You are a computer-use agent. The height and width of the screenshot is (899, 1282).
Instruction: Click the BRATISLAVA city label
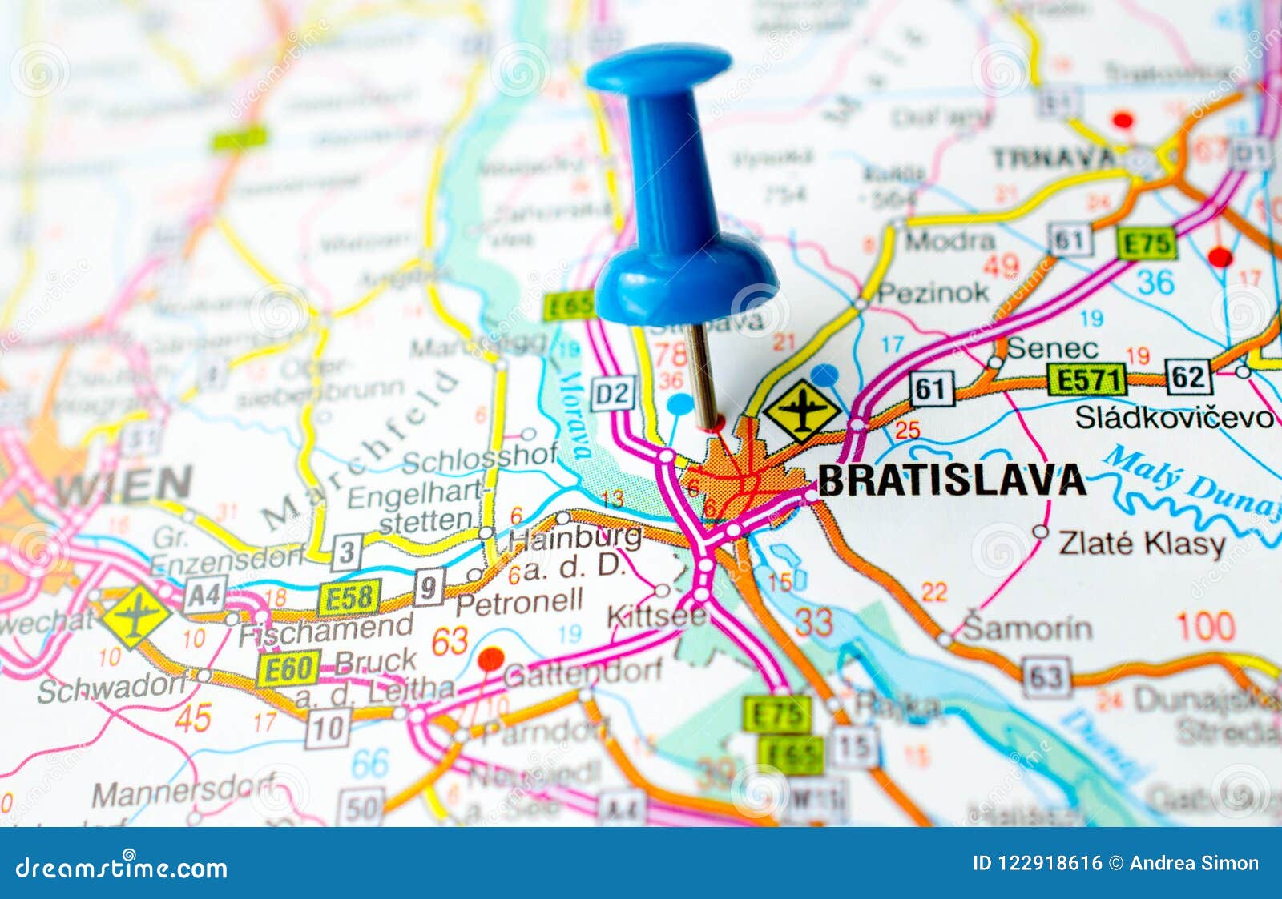(951, 480)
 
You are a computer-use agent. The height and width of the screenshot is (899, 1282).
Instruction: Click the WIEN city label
(124, 485)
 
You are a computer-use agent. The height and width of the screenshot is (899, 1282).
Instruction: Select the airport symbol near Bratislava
(801, 411)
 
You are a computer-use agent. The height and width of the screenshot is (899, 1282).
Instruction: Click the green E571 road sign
(1087, 379)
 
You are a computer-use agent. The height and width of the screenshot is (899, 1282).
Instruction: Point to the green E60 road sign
(288, 668)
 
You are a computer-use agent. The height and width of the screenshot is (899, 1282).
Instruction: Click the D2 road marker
(613, 393)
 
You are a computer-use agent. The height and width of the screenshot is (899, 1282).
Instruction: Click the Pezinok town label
(933, 293)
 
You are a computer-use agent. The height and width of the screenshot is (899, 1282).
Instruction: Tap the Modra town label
(949, 239)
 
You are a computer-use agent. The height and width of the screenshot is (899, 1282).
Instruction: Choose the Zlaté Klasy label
(1142, 544)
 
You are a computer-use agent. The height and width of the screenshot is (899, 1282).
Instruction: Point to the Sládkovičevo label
(1174, 417)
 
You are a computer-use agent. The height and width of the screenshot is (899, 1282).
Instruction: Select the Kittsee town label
(657, 616)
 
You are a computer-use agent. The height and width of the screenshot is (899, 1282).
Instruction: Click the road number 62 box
(1188, 377)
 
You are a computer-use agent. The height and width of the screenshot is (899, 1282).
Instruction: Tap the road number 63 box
(1045, 677)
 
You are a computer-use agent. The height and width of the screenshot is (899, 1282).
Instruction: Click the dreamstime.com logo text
(122, 868)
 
